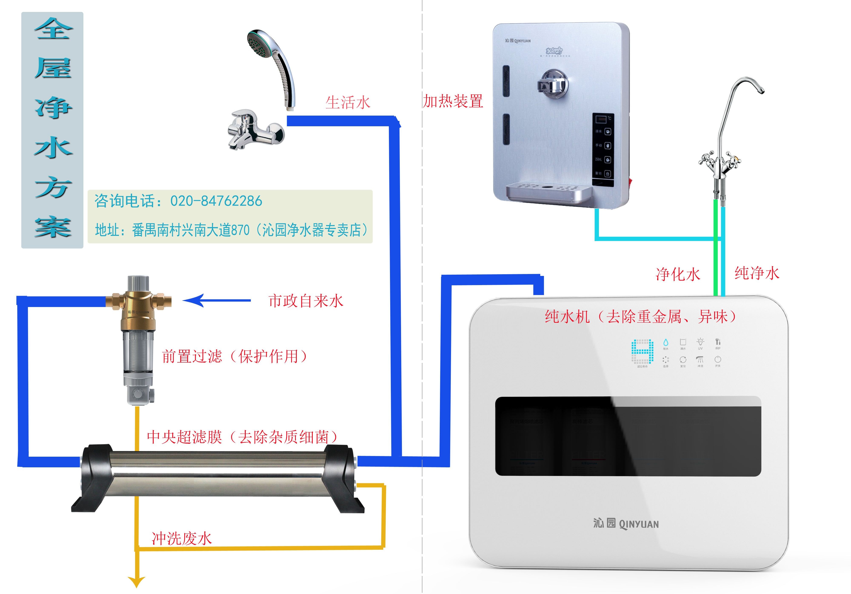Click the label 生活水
(x=348, y=103)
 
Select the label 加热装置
(x=453, y=101)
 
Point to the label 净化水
(x=678, y=275)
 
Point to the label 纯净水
(x=757, y=273)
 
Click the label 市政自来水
(x=306, y=301)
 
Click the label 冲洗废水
(x=182, y=538)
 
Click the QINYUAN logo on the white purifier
(x=626, y=524)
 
